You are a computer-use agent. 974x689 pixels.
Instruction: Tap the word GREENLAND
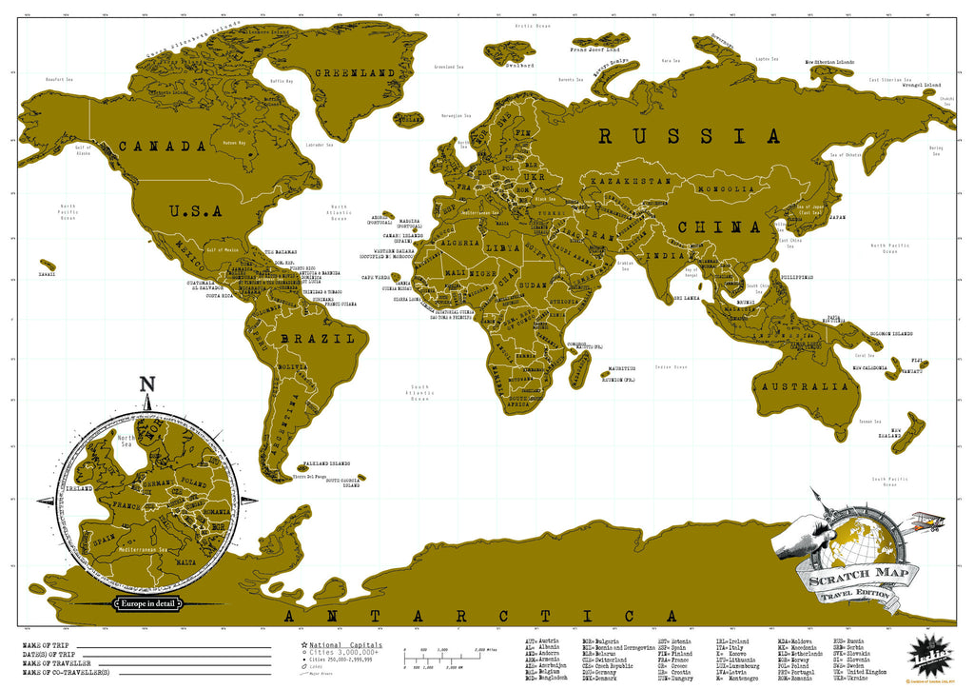(355, 72)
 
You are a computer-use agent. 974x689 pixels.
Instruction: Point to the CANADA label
(162, 147)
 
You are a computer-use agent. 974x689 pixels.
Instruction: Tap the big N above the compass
(146, 384)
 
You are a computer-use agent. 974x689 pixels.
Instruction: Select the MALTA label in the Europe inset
(190, 562)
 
